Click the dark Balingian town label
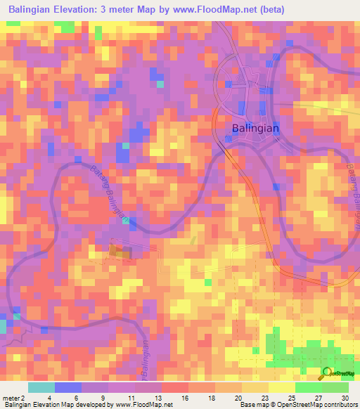tap(255, 129)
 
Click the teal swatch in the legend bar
tap(41, 387)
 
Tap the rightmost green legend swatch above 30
tap(335, 387)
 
